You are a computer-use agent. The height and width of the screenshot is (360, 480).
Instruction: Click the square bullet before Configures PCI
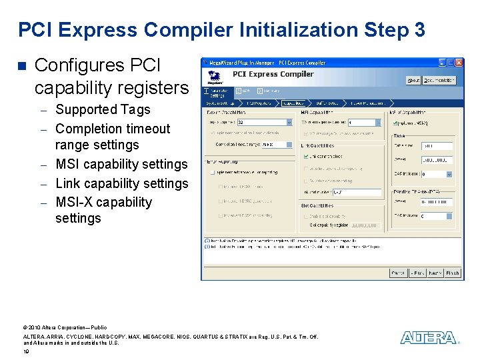[x=21, y=66]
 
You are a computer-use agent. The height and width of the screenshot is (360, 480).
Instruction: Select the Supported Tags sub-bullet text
[x=103, y=109]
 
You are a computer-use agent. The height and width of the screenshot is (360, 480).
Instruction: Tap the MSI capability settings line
[x=121, y=164]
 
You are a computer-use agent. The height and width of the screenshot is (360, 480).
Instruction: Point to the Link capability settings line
[x=121, y=183]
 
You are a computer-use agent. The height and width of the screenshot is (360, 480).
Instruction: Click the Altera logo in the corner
[x=429, y=338]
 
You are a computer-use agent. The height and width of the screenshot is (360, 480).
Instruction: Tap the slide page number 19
[x=26, y=351]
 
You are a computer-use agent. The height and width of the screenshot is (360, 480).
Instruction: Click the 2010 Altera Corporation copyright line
[x=65, y=327]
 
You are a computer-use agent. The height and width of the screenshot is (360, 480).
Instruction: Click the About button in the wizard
[x=413, y=80]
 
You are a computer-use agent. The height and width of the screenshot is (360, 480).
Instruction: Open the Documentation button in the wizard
[x=439, y=80]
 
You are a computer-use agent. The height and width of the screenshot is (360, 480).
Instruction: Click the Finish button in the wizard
[x=453, y=273]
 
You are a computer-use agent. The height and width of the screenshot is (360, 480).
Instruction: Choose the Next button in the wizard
[x=435, y=273]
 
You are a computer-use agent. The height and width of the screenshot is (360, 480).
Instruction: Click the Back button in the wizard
[x=417, y=273]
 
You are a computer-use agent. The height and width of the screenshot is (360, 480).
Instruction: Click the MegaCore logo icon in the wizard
[x=215, y=76]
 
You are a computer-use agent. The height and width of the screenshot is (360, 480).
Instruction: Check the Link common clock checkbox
[x=305, y=156]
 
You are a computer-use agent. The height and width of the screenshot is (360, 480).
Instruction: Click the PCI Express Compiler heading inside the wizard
[x=273, y=74]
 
